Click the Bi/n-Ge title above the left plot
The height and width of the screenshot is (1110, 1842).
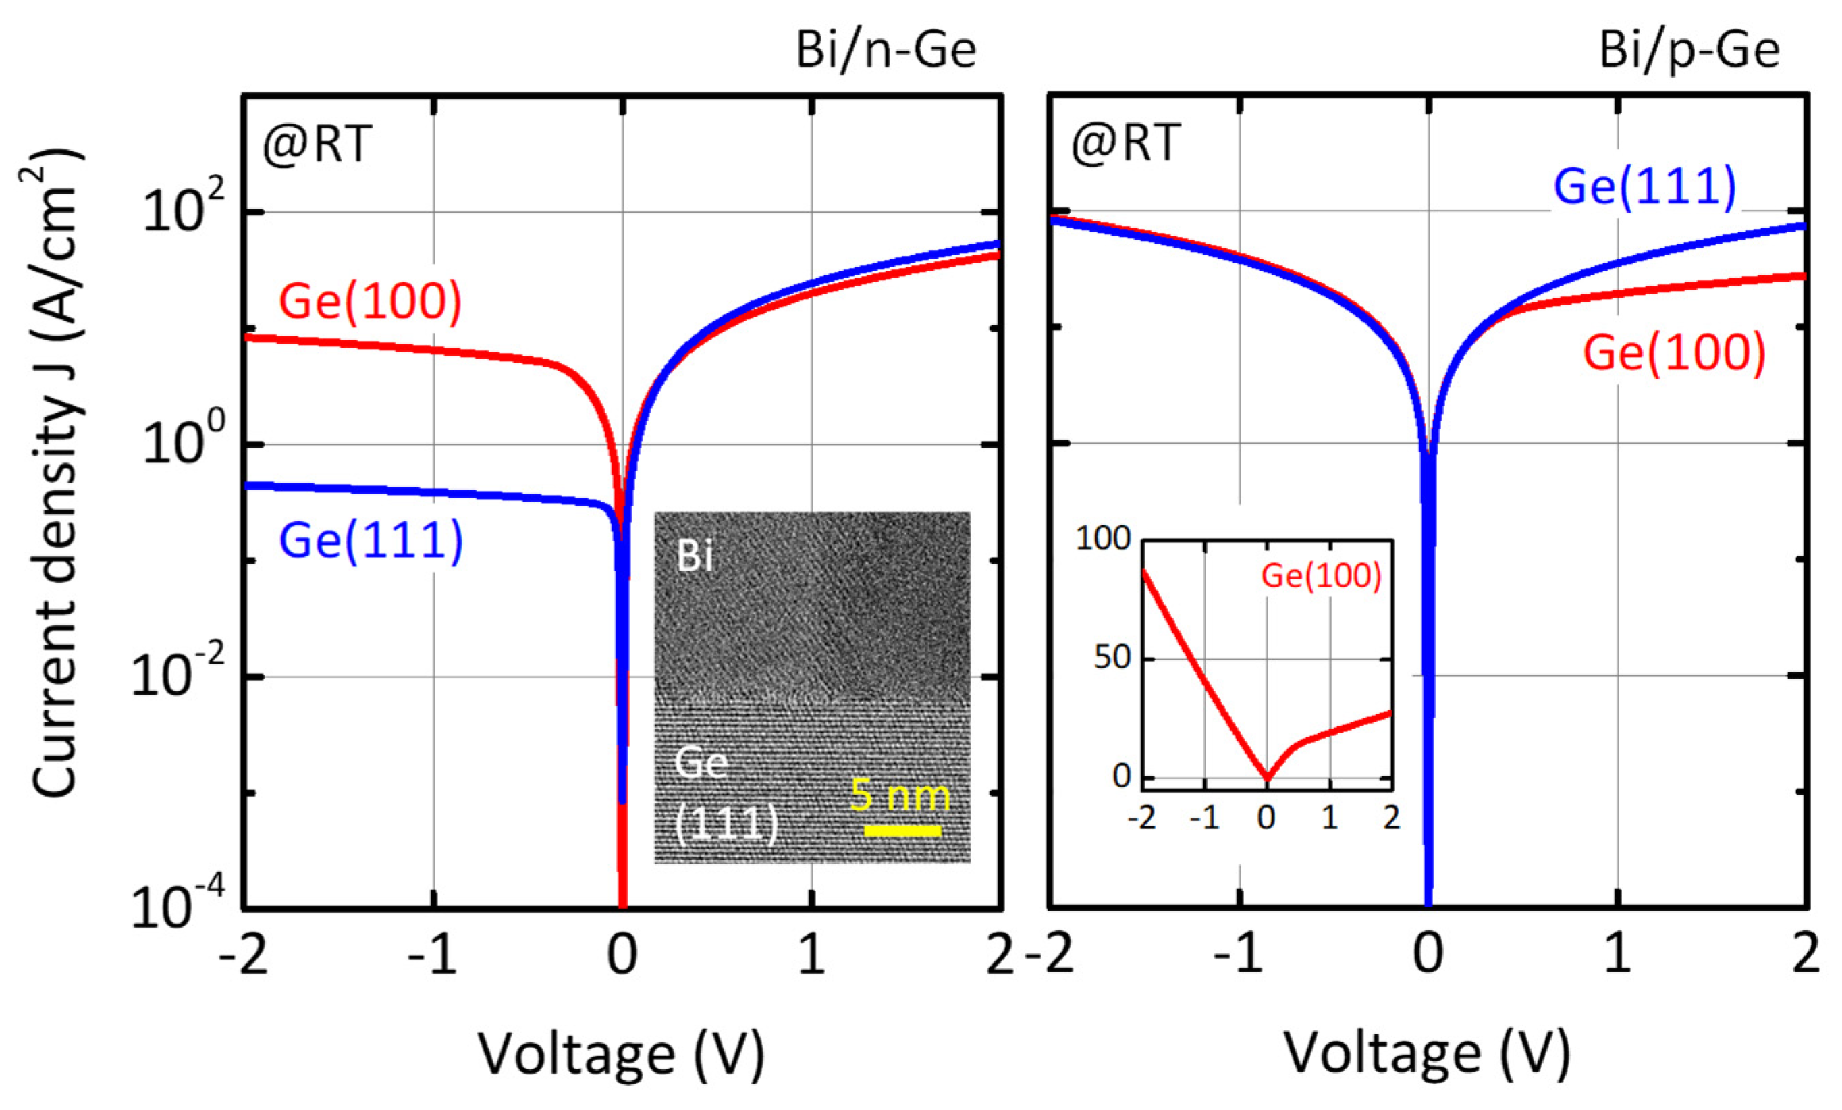click(886, 51)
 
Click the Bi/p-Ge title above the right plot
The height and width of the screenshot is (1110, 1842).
click(1689, 51)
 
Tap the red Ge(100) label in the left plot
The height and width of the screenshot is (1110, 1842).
click(370, 301)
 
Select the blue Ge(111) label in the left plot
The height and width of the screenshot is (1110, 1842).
click(371, 540)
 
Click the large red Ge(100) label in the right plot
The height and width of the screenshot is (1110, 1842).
click(1675, 352)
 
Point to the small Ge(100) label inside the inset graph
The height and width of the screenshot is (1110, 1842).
click(1321, 576)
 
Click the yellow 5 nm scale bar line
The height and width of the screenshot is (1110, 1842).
click(902, 830)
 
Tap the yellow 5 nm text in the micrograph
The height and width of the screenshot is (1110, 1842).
click(901, 795)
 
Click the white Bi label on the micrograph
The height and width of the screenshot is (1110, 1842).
click(695, 556)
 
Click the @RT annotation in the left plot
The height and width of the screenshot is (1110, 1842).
click(317, 144)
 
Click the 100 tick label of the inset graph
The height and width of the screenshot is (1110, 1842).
click(1103, 539)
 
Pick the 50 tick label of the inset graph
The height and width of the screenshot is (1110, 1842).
click(1112, 658)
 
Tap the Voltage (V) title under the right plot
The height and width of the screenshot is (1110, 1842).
click(1427, 1053)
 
